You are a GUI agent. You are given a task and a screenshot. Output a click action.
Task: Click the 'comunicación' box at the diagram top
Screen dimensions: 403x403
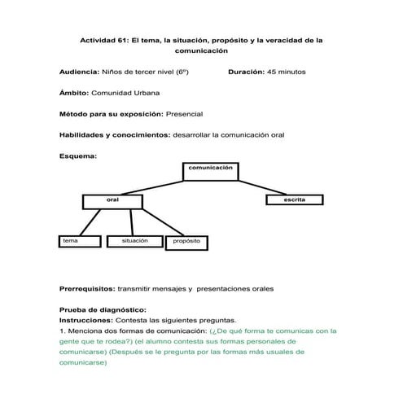coord(211,170)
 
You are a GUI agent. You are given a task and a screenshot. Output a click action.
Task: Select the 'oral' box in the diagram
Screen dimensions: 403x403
coord(113,201)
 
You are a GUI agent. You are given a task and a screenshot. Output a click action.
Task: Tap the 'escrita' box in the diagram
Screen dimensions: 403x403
coord(295,200)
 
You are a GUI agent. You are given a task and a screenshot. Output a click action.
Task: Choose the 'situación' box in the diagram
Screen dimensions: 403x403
coord(134,242)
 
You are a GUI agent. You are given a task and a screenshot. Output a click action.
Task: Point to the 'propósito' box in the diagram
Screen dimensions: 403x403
coord(188,243)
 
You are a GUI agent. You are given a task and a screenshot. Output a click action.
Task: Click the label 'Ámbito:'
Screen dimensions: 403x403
coord(74,93)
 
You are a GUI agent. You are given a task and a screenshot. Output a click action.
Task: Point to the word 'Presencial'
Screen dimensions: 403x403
coord(183,113)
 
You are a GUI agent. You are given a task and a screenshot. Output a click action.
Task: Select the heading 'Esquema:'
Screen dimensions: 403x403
coord(78,155)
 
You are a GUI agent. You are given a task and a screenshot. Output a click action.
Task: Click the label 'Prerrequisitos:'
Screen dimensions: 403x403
coord(87,289)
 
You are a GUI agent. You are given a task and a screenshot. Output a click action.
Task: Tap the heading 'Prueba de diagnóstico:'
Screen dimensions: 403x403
coord(103,310)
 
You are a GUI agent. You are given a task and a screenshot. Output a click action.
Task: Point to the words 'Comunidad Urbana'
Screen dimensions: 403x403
coord(125,93)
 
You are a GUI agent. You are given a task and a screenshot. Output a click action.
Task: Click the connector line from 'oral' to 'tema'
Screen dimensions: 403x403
coord(93,221)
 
